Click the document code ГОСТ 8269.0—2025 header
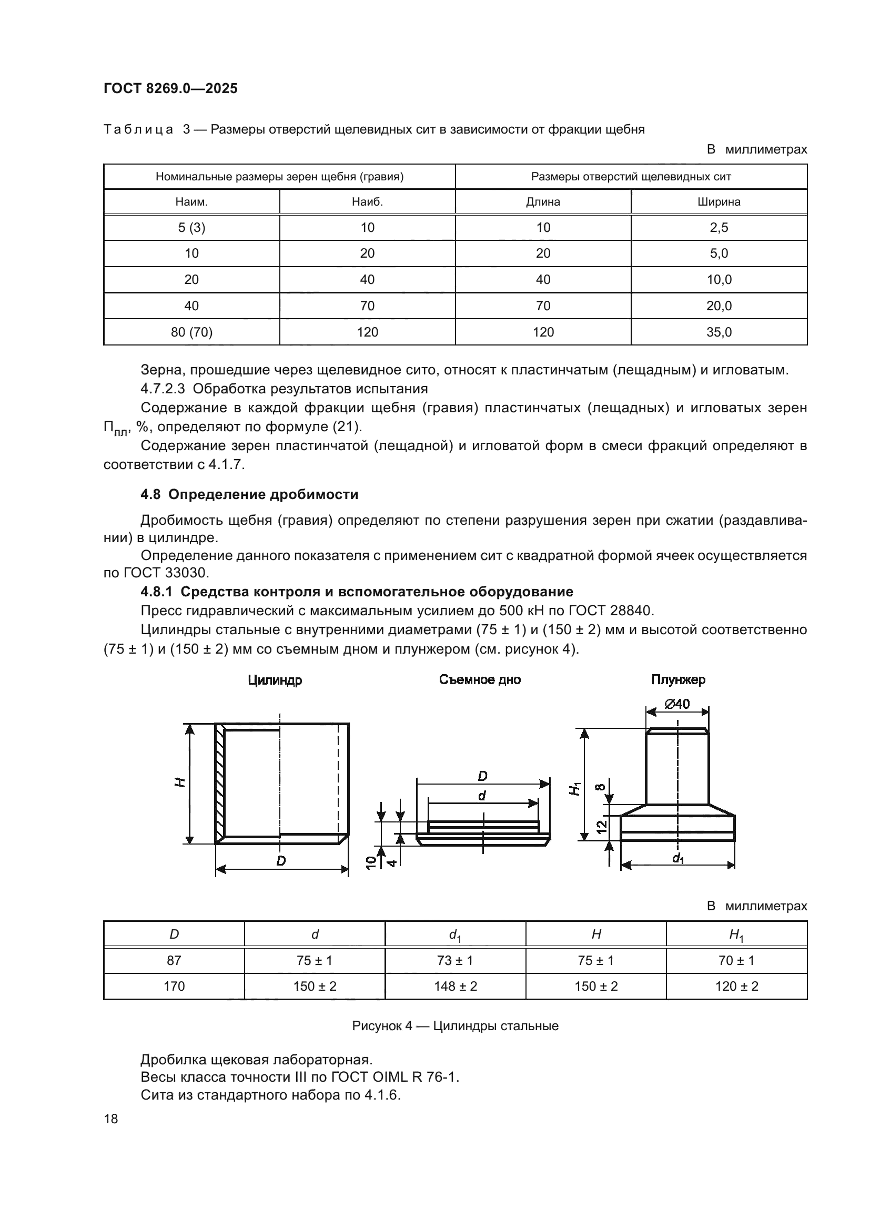[x=170, y=88]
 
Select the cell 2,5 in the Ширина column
[x=719, y=228]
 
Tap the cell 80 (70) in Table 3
[x=192, y=332]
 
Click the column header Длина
[x=543, y=202]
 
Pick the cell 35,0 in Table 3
[x=719, y=332]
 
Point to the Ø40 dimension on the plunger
[x=677, y=704]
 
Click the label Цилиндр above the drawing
[x=275, y=680]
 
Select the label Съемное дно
[x=480, y=680]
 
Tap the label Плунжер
[x=678, y=680]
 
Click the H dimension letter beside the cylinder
[x=181, y=782]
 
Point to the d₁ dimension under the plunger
[x=678, y=859]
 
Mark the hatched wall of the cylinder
[x=220, y=783]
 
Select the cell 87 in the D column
[x=174, y=961]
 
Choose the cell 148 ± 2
[x=456, y=986]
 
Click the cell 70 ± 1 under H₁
[x=736, y=961]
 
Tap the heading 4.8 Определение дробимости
[x=249, y=494]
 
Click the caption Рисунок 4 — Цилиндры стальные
[x=456, y=1026]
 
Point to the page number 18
[x=111, y=1119]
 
